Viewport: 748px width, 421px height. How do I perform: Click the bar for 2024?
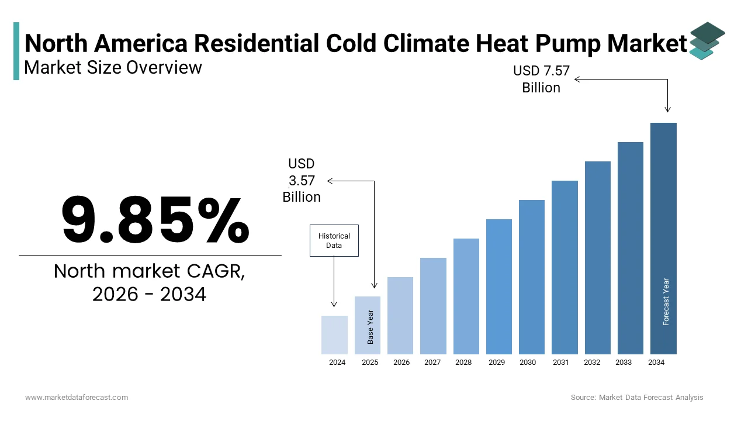334,334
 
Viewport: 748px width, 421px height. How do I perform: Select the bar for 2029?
498,287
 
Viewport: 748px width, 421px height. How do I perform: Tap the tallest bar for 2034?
663,238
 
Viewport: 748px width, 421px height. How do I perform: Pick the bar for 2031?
565,267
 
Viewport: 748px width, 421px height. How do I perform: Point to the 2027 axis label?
432,363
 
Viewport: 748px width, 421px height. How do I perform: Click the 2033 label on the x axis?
624,363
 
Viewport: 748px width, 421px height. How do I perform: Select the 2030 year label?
528,363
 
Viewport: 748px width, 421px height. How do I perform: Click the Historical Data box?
334,240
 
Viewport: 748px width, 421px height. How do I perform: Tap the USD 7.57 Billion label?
541,79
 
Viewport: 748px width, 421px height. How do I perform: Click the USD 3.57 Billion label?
302,181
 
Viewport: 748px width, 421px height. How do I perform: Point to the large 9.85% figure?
155,220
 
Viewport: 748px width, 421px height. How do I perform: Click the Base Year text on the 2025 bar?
370,326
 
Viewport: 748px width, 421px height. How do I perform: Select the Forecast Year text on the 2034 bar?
666,302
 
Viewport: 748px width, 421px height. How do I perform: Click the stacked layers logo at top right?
707,40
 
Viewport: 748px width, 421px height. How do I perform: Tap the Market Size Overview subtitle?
113,68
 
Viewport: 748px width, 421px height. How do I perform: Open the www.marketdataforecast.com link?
77,398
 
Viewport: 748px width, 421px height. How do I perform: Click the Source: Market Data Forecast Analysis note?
637,398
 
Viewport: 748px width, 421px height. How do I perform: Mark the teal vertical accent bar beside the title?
16,51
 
